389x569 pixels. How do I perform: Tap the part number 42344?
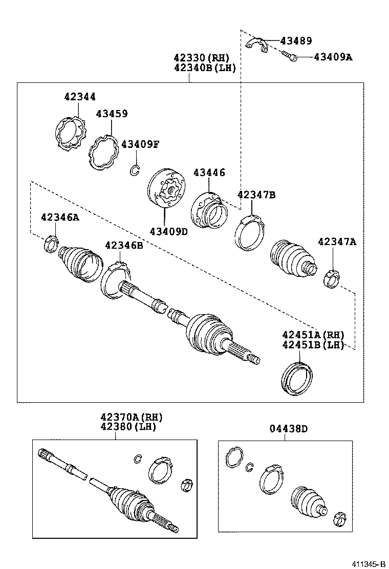click(80, 97)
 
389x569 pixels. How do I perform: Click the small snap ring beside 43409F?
click(135, 171)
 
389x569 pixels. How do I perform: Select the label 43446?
click(209, 173)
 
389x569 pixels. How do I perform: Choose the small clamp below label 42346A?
click(51, 244)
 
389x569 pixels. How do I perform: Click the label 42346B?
click(124, 246)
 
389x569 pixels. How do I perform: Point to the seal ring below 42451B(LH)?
click(297, 378)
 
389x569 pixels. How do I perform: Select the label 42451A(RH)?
click(313, 335)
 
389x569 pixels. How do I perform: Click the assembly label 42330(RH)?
click(201, 58)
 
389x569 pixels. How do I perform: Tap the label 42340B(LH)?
click(205, 68)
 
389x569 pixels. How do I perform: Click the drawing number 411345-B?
click(368, 563)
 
